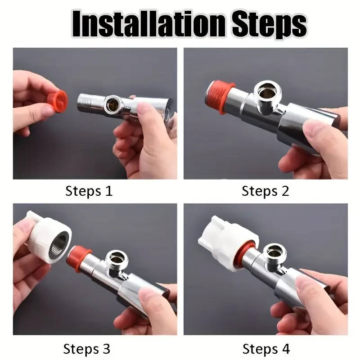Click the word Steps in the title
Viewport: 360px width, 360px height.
[x=270, y=26]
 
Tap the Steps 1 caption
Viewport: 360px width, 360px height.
[x=89, y=191]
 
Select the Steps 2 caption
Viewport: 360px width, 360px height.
[x=265, y=191]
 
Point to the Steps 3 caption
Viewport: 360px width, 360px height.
[x=86, y=349]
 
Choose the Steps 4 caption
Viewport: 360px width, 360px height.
[x=266, y=349]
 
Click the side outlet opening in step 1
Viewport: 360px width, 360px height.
[x=112, y=103]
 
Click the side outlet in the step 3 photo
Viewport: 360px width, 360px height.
[x=116, y=260]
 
